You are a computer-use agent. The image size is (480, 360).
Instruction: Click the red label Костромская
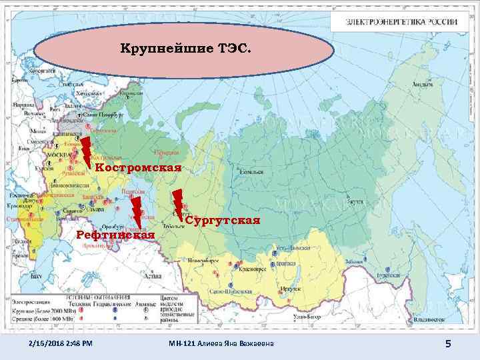click(x=138, y=167)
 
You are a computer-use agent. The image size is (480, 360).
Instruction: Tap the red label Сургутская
click(x=222, y=221)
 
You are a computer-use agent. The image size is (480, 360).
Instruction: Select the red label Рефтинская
click(x=116, y=235)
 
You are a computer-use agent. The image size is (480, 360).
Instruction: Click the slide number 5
click(x=448, y=343)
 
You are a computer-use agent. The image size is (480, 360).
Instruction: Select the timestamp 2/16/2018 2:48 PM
click(x=61, y=343)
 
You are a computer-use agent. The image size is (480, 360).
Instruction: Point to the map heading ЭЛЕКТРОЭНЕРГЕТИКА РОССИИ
click(x=401, y=21)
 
